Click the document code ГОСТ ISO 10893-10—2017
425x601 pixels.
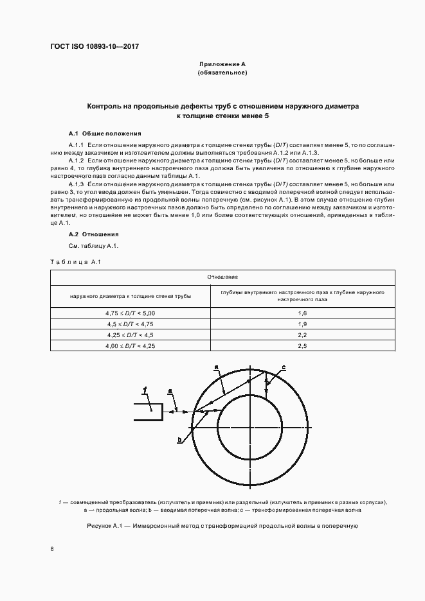click(x=95, y=47)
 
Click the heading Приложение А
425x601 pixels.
click(x=222, y=65)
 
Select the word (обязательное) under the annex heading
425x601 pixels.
click(x=222, y=73)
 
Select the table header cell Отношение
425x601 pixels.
click(x=222, y=277)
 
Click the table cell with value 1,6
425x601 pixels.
click(x=303, y=313)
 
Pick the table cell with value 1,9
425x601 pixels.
click(x=303, y=324)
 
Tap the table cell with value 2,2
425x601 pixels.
click(x=303, y=335)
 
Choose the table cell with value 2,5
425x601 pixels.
click(x=303, y=345)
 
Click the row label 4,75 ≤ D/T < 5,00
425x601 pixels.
click(x=131, y=313)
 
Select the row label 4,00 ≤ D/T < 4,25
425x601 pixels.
click(x=131, y=345)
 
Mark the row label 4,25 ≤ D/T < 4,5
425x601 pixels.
click(x=131, y=335)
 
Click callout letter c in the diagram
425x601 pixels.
click(x=284, y=367)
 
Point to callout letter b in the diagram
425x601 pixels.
click(x=179, y=440)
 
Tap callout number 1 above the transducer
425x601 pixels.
click(x=146, y=389)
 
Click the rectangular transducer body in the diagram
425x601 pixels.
click(x=147, y=411)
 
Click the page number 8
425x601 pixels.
click(x=52, y=549)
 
